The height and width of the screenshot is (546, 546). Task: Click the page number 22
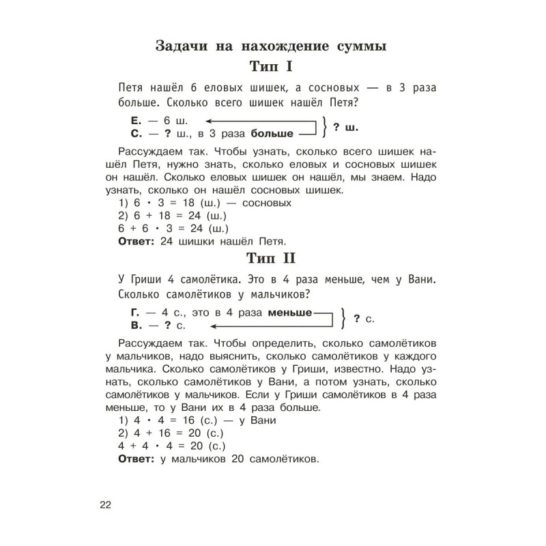pyautogui.click(x=104, y=505)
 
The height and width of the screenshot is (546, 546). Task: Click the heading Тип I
pyautogui.click(x=272, y=68)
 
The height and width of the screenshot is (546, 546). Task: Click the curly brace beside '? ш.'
pyautogui.click(x=327, y=128)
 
